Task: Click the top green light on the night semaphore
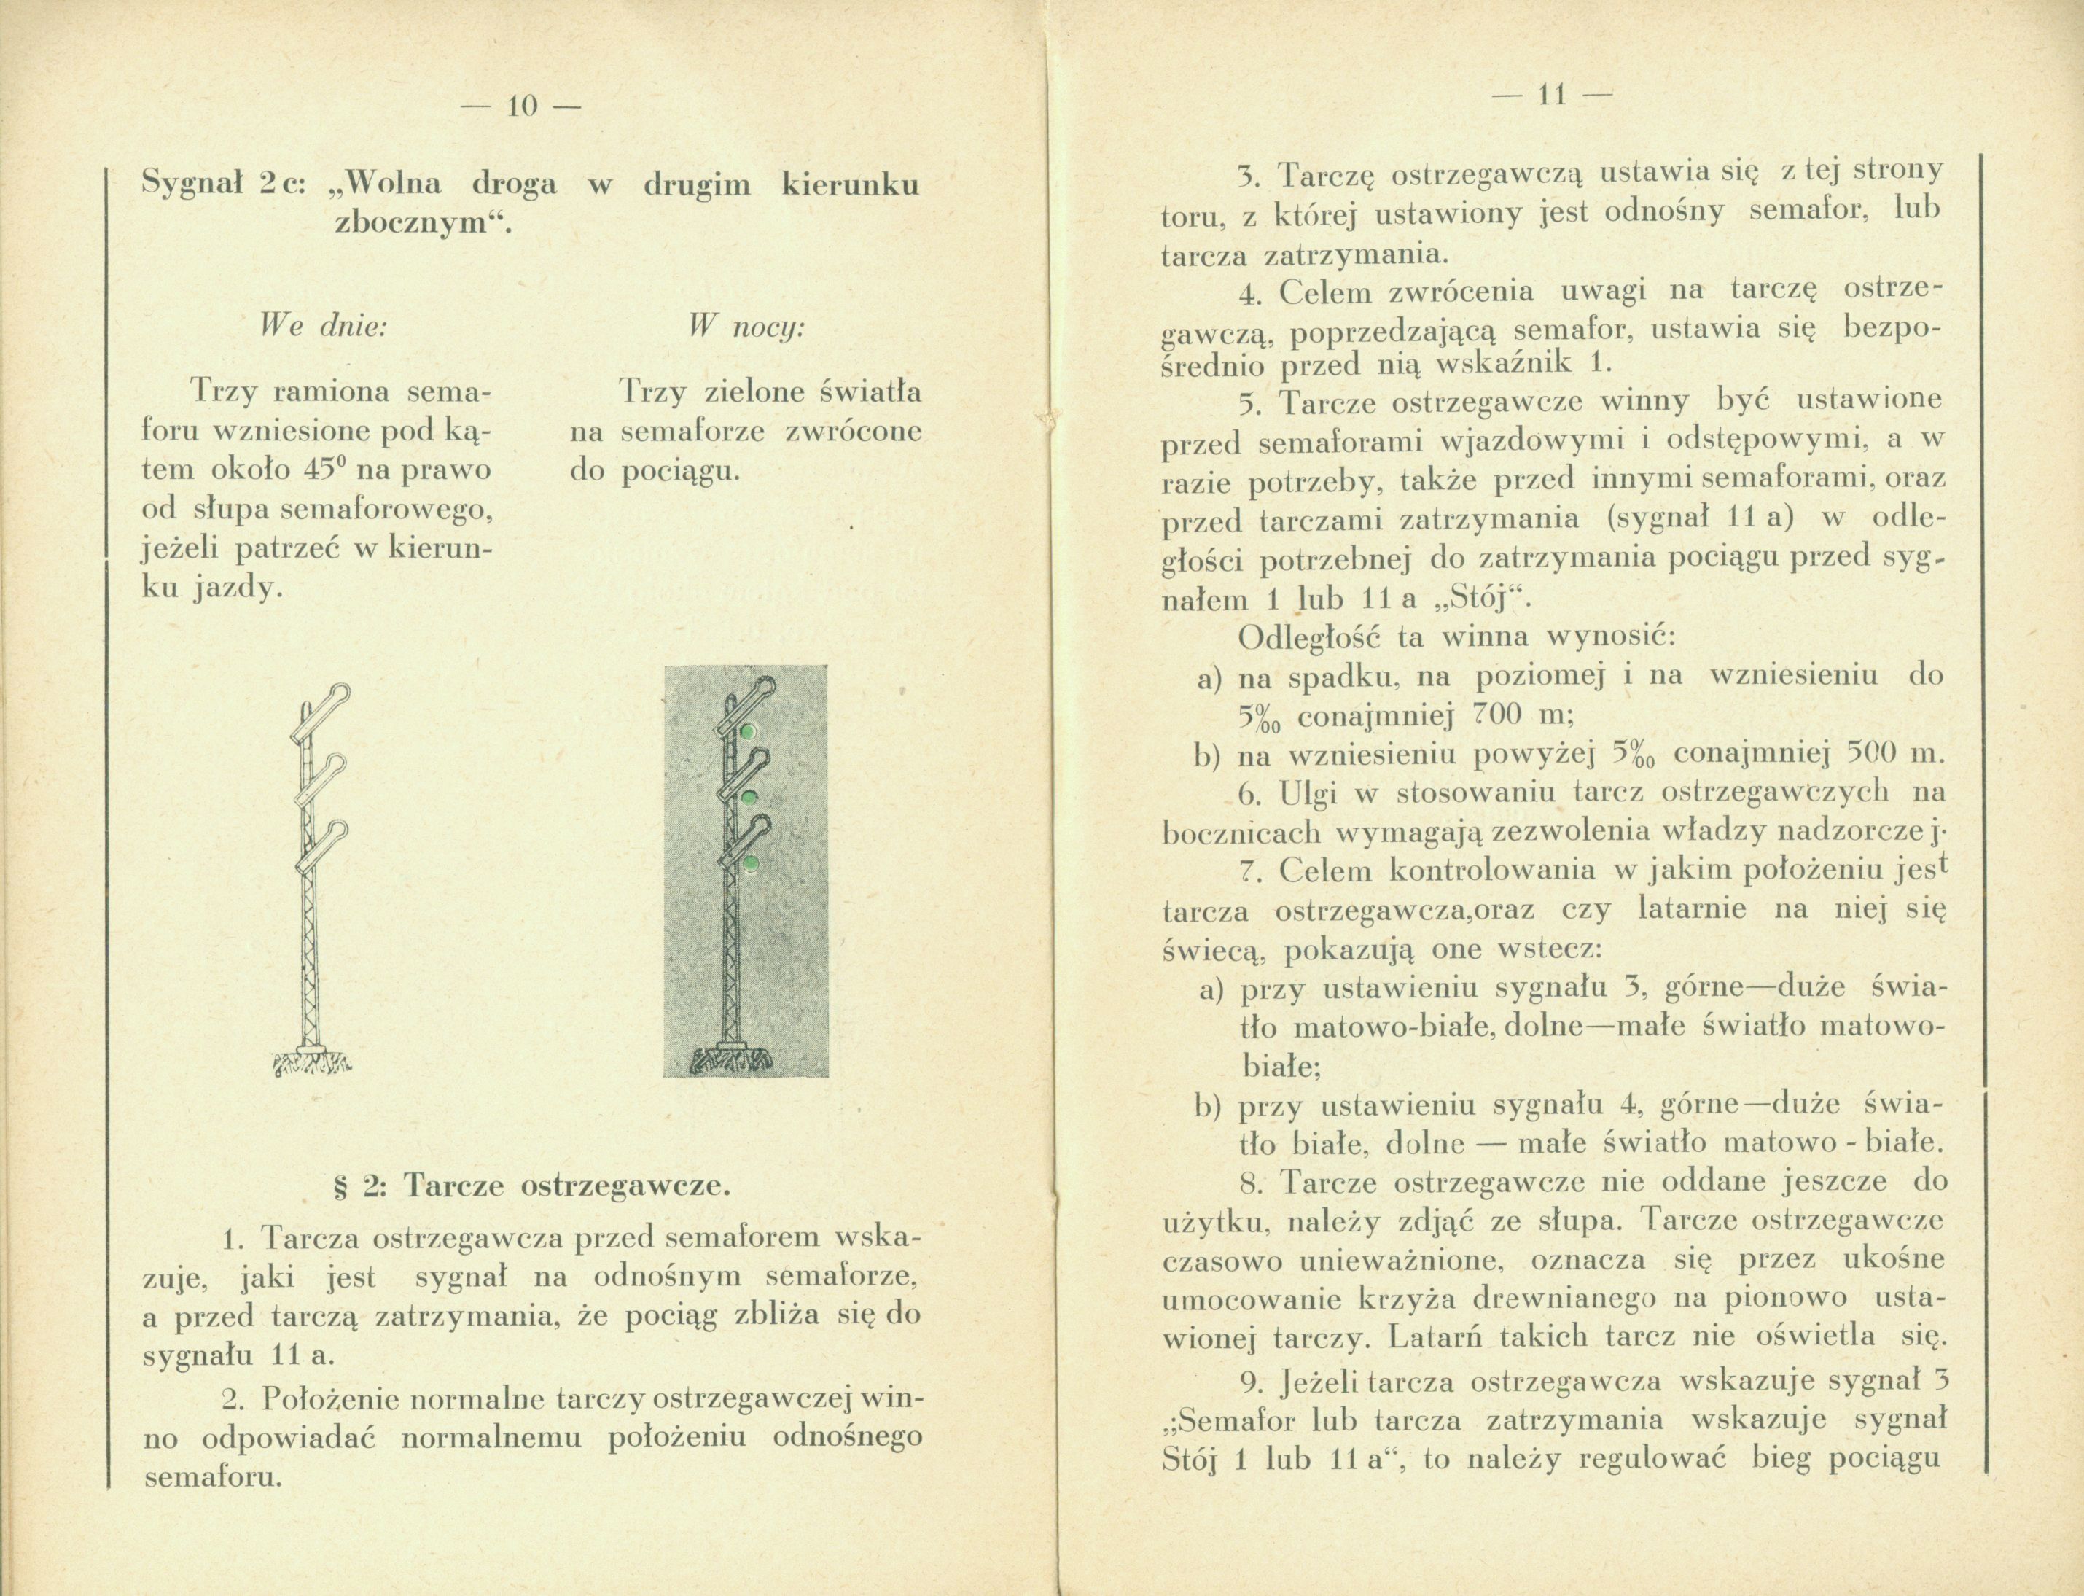[x=749, y=730]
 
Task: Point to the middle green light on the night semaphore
[x=749, y=796]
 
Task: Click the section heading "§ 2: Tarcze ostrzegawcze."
[x=529, y=1186]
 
